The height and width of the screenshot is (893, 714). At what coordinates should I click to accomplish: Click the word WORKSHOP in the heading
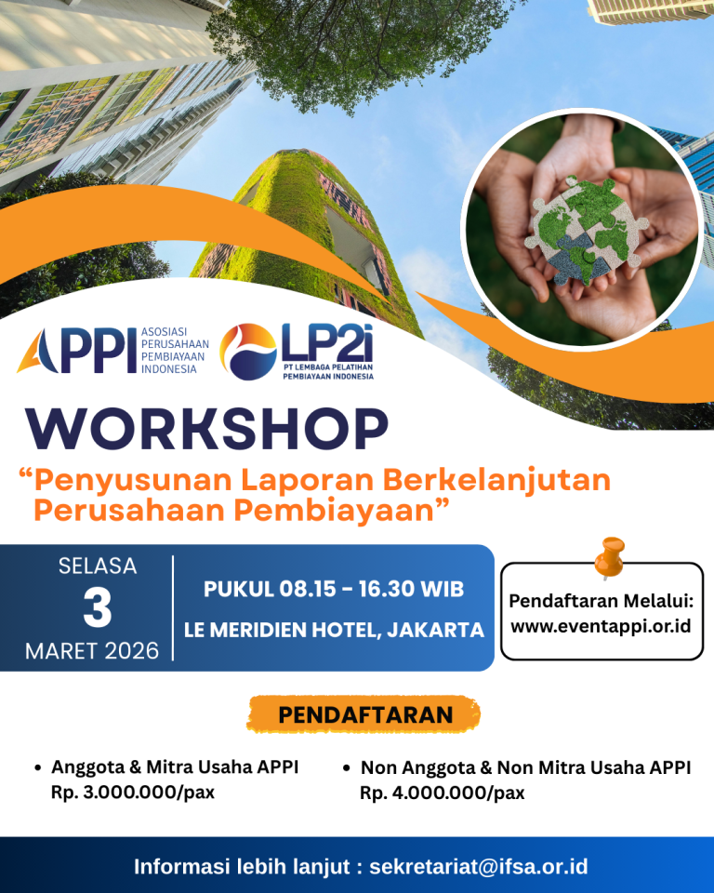click(206, 429)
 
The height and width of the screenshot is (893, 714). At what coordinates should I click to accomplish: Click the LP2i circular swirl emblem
click(247, 352)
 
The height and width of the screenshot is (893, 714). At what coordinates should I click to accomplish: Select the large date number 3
click(97, 610)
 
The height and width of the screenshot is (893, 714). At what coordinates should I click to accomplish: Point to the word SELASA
click(97, 566)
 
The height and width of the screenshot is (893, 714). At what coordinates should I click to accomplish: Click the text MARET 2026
click(92, 650)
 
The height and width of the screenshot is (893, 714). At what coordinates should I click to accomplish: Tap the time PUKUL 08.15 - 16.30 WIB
click(333, 589)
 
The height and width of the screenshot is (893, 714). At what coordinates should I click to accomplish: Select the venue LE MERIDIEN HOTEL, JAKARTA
click(334, 630)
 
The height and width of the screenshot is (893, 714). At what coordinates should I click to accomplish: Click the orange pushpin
click(610, 557)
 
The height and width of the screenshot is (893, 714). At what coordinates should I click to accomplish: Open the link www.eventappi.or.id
click(601, 626)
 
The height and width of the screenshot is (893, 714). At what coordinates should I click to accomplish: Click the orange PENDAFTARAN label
click(364, 714)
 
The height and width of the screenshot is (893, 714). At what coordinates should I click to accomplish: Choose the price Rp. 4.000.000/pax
click(442, 793)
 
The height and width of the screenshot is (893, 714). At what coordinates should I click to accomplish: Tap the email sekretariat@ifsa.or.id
click(478, 867)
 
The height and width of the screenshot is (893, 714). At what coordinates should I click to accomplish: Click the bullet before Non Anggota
click(346, 768)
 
